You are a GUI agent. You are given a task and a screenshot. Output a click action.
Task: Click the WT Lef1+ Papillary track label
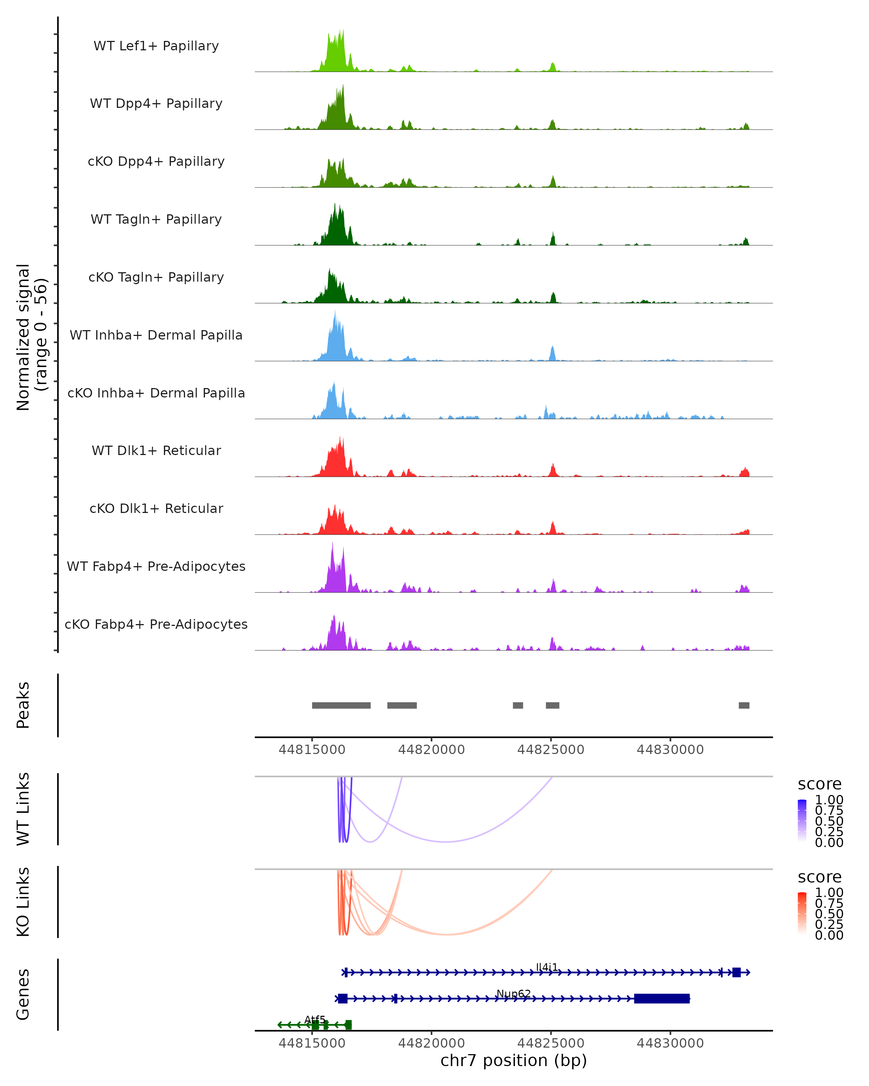click(x=156, y=46)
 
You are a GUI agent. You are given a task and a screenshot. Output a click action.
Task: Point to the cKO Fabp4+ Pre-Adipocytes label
click(x=156, y=624)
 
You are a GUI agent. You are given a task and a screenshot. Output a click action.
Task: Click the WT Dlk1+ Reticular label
click(x=156, y=450)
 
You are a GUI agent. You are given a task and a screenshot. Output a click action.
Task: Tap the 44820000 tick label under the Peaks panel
click(x=431, y=750)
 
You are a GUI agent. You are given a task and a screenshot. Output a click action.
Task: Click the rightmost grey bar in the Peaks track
click(x=744, y=705)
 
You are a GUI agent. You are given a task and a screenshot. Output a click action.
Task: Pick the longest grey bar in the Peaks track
click(x=341, y=705)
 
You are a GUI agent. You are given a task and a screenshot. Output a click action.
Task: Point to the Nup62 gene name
click(x=513, y=994)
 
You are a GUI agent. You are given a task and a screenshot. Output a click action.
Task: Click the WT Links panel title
click(x=23, y=809)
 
